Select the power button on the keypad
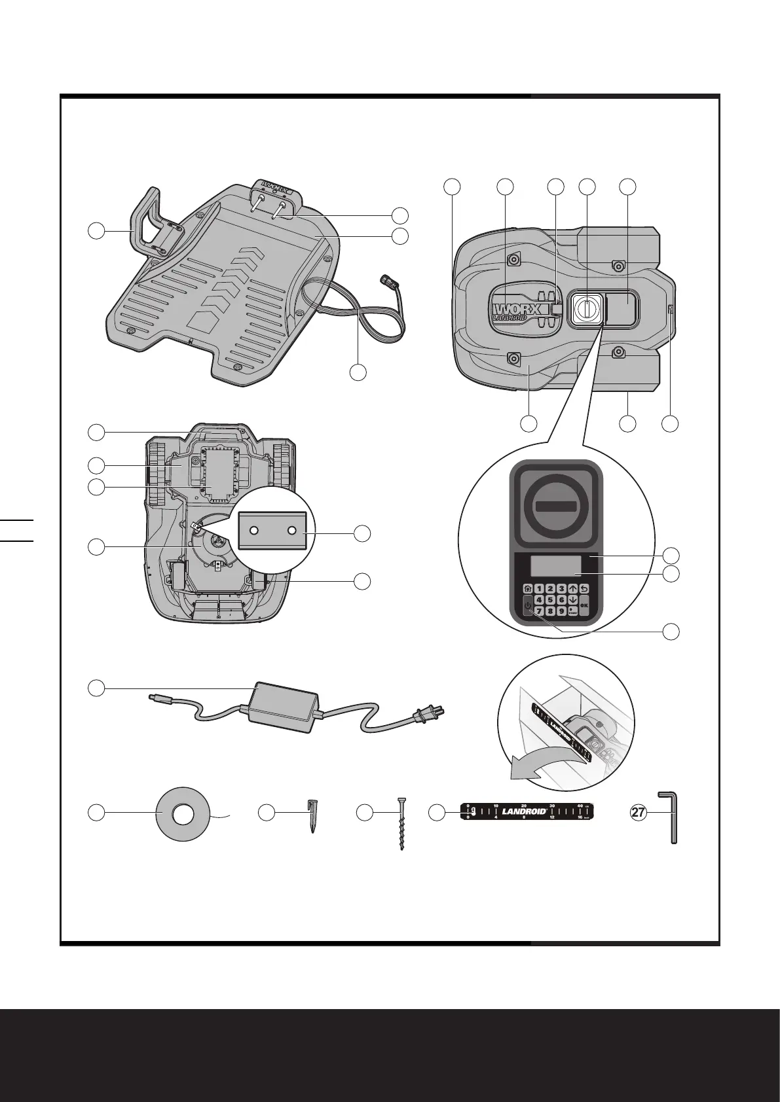529,607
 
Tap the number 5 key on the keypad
551,599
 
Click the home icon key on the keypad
528,588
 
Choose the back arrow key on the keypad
584,588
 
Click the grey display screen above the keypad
555,565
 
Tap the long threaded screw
401,823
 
